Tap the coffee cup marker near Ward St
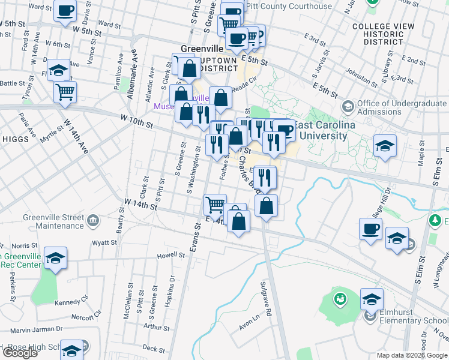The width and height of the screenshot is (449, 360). tap(65, 10)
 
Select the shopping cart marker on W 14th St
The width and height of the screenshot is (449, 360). tap(215, 204)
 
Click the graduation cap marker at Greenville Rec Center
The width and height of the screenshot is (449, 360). tap(55, 258)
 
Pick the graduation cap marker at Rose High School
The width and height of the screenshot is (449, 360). tap(72, 350)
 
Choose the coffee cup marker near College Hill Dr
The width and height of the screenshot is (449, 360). tap(370, 228)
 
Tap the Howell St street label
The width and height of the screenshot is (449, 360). tap(170, 255)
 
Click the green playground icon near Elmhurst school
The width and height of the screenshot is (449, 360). tap(340, 298)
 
